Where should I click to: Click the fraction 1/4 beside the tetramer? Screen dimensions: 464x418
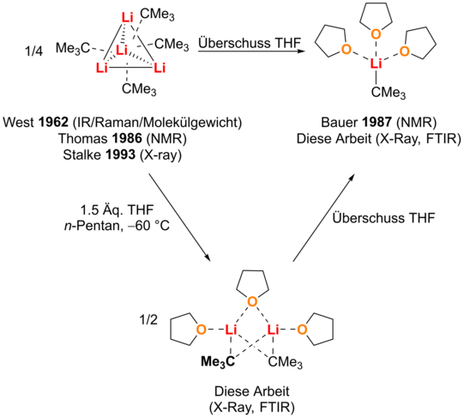[x=34, y=51]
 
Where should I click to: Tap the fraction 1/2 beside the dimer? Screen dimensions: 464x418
[x=148, y=320]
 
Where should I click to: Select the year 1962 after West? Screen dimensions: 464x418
[x=54, y=122]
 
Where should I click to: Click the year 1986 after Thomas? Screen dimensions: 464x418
[x=127, y=138]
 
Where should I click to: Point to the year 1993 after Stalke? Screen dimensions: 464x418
[x=121, y=154]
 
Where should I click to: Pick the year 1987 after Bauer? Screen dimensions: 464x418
[x=377, y=122]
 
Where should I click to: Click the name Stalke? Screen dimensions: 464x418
[x=82, y=154]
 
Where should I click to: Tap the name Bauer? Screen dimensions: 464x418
[x=340, y=122]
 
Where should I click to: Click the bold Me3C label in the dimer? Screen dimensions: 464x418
[x=218, y=361]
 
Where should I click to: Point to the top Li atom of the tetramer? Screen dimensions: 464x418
[x=127, y=17]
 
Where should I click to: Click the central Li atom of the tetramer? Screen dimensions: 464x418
[x=121, y=50]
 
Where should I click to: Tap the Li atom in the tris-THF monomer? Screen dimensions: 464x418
[x=377, y=64]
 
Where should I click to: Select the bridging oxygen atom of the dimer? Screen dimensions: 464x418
[x=252, y=301]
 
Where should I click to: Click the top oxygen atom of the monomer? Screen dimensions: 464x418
[x=376, y=34]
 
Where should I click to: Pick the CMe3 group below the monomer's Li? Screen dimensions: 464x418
[x=389, y=93]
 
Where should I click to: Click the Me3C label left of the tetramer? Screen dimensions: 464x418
[x=73, y=48]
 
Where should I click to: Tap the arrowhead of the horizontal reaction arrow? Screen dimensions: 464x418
[x=301, y=51]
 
